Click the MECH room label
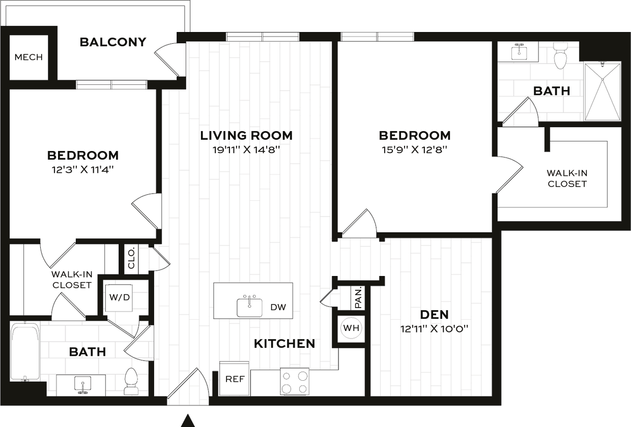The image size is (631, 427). (x=28, y=57)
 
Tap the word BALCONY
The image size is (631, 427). (x=113, y=42)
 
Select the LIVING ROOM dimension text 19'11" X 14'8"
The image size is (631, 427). (x=246, y=150)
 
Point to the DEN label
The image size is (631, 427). (x=434, y=314)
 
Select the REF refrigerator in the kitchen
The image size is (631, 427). (x=234, y=379)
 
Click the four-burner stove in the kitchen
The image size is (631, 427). (x=295, y=381)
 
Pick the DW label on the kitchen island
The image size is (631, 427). (x=278, y=307)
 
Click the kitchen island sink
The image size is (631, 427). (x=249, y=307)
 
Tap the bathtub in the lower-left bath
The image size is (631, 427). (x=25, y=352)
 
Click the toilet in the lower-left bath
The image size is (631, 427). (x=132, y=381)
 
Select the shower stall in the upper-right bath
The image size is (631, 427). (x=603, y=91)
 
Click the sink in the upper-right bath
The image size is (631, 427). (x=519, y=51)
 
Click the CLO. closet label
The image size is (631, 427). (x=130, y=258)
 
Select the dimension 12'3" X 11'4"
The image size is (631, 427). (x=83, y=169)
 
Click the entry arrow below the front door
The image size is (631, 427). (x=188, y=420)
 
